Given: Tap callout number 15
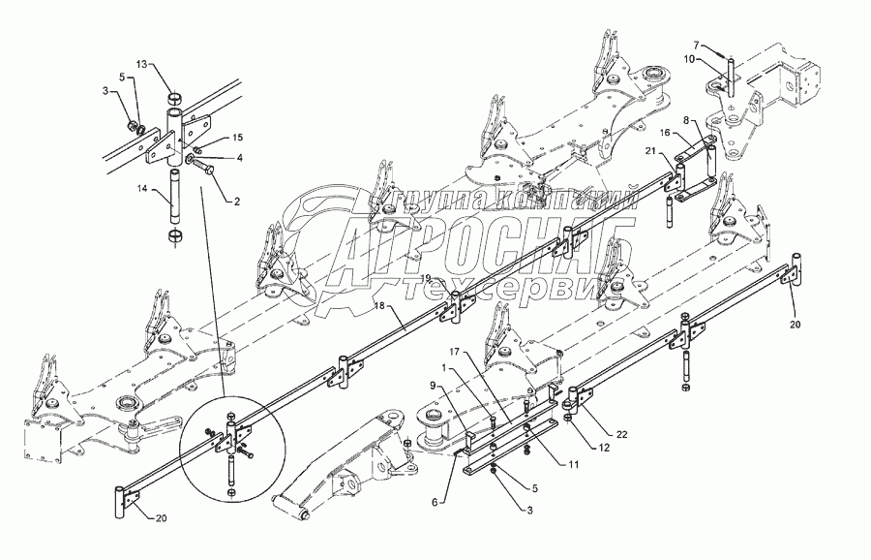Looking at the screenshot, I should point(238,138).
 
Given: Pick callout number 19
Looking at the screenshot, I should point(425,279).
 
